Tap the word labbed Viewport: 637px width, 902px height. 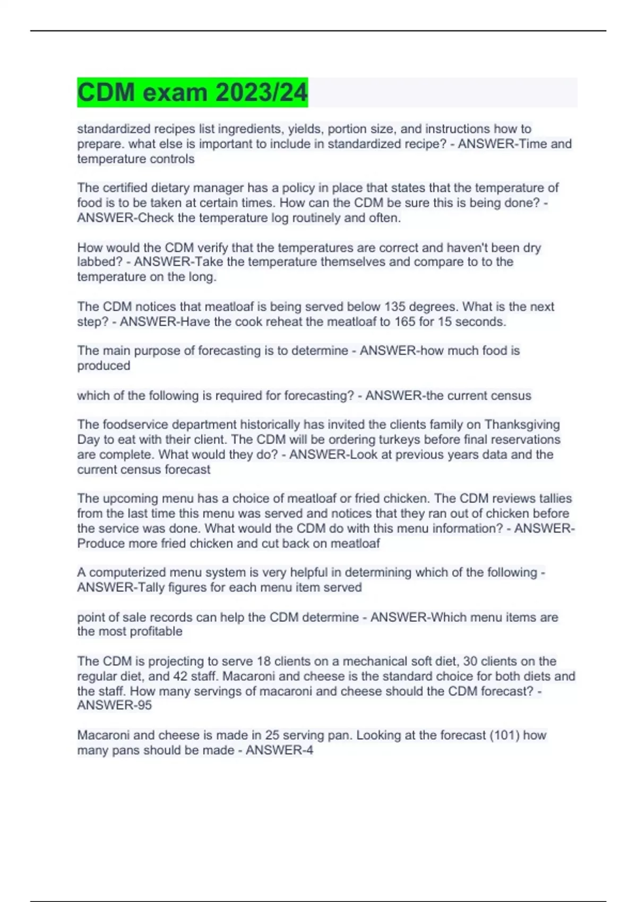pyautogui.click(x=99, y=262)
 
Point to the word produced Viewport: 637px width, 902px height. pyautogui.click(x=104, y=366)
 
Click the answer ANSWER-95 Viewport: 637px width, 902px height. pyautogui.click(x=114, y=705)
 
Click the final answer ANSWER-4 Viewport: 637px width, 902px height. pyautogui.click(x=279, y=750)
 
